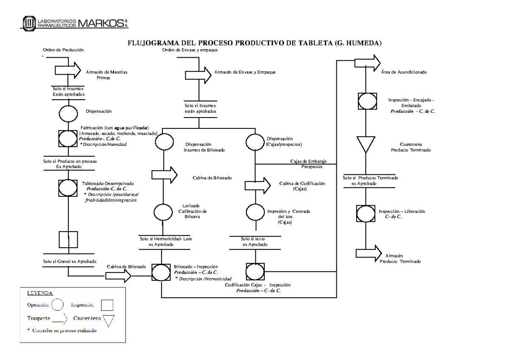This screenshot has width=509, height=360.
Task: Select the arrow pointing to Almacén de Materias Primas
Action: (67, 70)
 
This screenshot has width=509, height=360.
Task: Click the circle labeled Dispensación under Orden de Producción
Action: (68, 112)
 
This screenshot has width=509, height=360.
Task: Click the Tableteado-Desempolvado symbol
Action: (68, 187)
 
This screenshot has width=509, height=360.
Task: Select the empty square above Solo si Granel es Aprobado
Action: (68, 239)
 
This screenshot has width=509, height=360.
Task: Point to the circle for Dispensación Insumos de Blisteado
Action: (163, 142)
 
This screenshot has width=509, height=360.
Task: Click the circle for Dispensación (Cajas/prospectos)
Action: (255, 142)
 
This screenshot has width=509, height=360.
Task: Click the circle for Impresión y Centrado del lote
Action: (255, 212)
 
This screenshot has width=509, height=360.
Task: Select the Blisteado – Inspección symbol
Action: (162, 272)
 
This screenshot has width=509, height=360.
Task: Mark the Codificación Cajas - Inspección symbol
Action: (255, 271)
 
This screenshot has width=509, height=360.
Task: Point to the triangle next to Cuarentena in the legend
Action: (109, 321)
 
